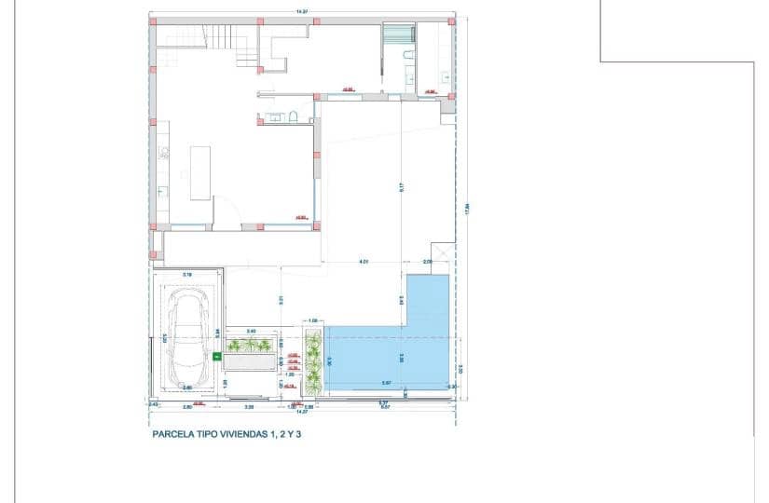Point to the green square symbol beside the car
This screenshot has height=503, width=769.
click(x=217, y=355)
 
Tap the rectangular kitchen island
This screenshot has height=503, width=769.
click(x=200, y=172)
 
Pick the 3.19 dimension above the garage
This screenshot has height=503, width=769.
click(x=187, y=274)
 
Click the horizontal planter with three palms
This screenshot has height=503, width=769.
click(x=249, y=347)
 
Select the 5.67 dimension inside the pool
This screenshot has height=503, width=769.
click(x=386, y=384)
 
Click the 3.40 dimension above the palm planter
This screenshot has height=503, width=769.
click(x=251, y=332)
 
